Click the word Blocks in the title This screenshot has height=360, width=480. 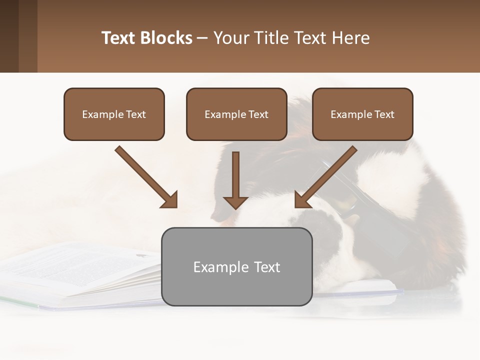tap(166, 38)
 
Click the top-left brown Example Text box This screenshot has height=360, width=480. tap(114, 114)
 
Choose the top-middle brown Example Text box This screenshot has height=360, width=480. tap(236, 114)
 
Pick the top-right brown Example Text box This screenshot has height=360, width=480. tap(362, 114)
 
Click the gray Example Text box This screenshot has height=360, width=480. tap(236, 266)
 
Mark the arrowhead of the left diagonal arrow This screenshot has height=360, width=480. tap(170, 200)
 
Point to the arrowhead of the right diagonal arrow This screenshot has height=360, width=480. tap(302, 200)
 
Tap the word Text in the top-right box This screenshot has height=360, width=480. tap(384, 114)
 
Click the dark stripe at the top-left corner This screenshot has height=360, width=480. tap(9, 36)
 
